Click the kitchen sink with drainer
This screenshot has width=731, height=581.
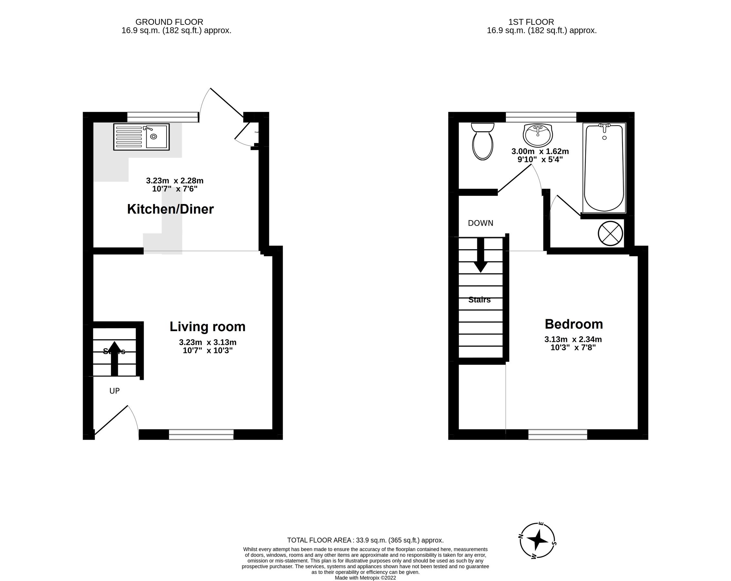[x=141, y=137]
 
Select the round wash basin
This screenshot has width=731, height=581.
[x=538, y=135]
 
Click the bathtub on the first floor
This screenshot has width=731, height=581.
[x=604, y=168]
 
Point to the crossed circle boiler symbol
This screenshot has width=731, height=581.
[x=610, y=233]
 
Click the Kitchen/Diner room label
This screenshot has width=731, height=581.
[x=170, y=209]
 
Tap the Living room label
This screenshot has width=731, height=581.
[x=208, y=327]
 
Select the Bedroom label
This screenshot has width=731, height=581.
[x=574, y=324]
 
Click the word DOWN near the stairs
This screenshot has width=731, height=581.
[x=480, y=223]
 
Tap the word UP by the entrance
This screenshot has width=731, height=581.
[x=114, y=391]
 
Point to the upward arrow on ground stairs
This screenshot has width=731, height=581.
[x=114, y=358]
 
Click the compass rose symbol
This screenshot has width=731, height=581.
[x=537, y=540]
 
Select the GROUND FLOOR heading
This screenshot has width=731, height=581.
[x=169, y=22]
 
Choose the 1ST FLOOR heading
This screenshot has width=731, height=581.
[x=531, y=22]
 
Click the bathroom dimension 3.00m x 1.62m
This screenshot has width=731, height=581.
[x=540, y=155]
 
